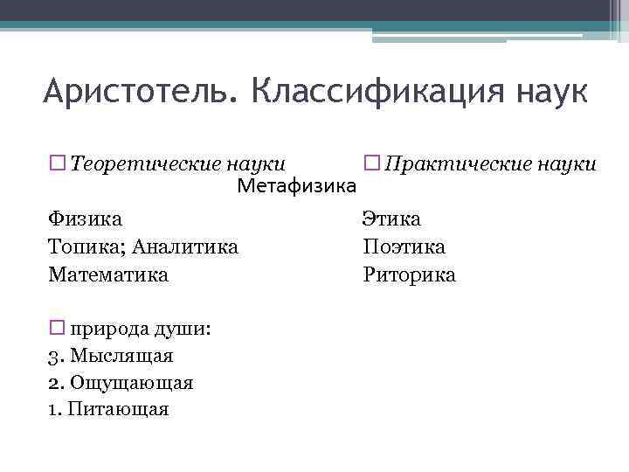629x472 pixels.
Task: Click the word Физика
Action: click(x=86, y=219)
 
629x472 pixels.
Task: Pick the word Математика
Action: click(x=108, y=275)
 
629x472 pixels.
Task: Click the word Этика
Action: click(x=392, y=219)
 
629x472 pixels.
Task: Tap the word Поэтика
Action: click(x=404, y=247)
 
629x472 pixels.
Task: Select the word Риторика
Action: click(x=410, y=275)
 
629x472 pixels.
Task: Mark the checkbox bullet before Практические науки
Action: click(x=370, y=163)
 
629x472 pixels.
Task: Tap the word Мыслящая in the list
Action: click(x=121, y=357)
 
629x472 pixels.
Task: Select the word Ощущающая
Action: click(x=131, y=383)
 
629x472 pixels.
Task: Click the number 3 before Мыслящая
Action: click(x=53, y=357)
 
